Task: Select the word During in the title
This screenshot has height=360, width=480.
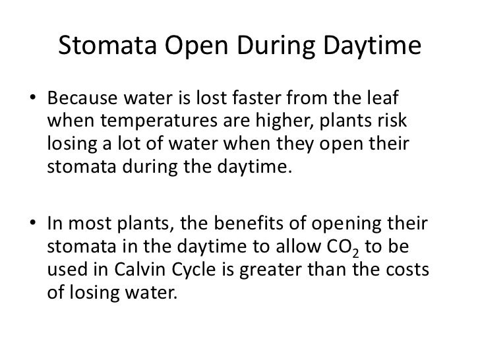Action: point(266,48)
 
